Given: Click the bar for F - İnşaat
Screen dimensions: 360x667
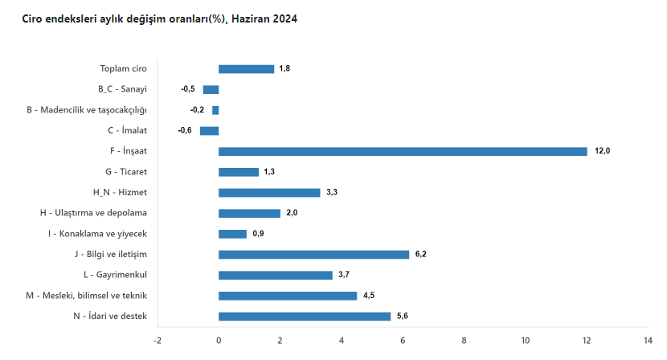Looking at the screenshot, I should click(403, 151).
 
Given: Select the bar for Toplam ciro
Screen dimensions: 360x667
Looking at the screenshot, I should click(246, 69).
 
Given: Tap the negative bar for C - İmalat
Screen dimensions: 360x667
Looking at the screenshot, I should click(209, 131).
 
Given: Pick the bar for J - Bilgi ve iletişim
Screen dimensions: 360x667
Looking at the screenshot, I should click(313, 254).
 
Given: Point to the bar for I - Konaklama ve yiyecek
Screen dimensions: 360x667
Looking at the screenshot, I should click(232, 234).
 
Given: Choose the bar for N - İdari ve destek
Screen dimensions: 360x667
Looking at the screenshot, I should click(305, 316).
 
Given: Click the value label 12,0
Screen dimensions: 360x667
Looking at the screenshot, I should click(602, 151).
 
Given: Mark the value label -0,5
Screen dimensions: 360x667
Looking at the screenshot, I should click(188, 89).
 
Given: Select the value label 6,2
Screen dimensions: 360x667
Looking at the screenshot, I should click(421, 254).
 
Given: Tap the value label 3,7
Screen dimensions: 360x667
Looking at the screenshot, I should click(344, 275).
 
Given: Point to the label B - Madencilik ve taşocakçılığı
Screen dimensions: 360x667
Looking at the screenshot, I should click(87, 110).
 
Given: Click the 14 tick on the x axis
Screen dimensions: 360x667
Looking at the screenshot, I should click(649, 340).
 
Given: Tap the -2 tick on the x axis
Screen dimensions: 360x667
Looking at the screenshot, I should click(158, 340).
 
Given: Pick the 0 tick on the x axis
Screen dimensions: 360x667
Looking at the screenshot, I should click(219, 340).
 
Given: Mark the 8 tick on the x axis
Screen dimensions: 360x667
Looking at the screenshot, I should click(464, 340).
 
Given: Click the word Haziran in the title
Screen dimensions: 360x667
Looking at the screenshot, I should click(248, 18).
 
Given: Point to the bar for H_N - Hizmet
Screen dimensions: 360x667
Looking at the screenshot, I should click(269, 193).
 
